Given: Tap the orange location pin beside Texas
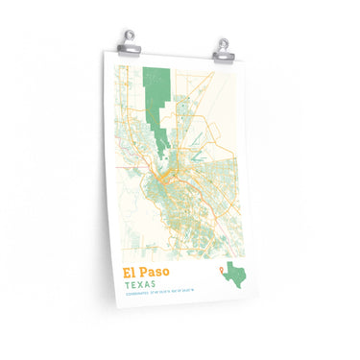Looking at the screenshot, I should coord(223,270).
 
